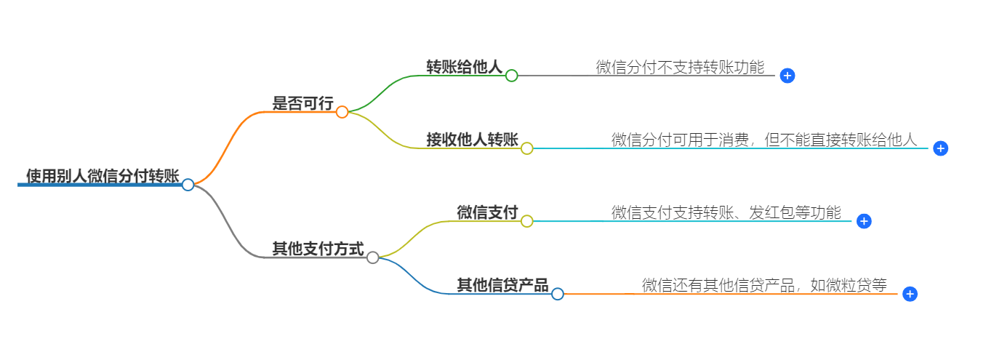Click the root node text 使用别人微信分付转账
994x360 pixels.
tap(103, 176)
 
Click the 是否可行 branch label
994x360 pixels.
tap(302, 104)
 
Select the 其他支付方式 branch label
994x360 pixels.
tap(318, 249)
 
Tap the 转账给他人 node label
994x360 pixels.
tap(464, 67)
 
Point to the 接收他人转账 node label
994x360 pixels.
tap(472, 140)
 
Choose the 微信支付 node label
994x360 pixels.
tap(487, 212)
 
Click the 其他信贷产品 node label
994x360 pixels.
tap(502, 285)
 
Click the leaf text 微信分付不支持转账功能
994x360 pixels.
tap(680, 68)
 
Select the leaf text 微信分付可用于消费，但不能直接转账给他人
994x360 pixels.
tap(764, 140)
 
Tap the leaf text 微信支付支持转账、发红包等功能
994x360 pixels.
tap(726, 213)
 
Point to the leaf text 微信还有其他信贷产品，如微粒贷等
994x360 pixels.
tap(764, 286)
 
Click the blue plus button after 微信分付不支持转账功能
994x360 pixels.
tap(787, 76)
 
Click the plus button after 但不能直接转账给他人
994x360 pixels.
tap(940, 148)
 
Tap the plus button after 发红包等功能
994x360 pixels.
tap(864, 221)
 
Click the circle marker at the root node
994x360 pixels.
tap(188, 185)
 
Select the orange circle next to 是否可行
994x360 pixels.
tap(342, 112)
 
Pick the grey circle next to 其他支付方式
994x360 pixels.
tap(373, 257)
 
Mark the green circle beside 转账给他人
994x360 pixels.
tap(511, 76)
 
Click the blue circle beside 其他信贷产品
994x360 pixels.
tap(558, 294)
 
